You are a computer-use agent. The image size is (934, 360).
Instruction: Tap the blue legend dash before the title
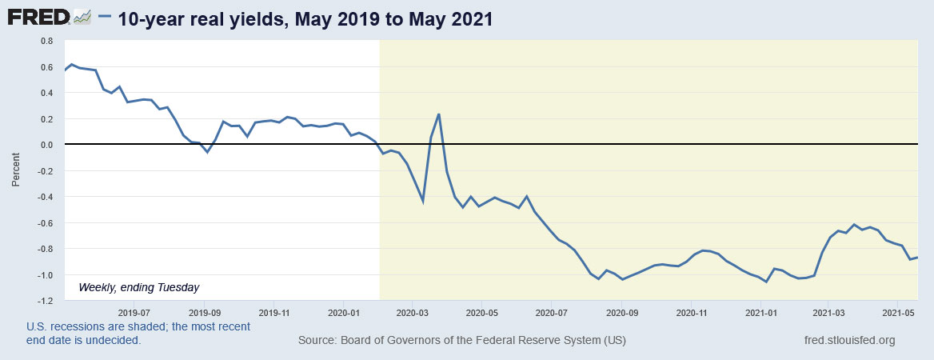point(104,18)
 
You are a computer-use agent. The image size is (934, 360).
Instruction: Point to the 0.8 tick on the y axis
point(46,40)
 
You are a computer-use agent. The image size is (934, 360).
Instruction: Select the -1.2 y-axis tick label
point(45,301)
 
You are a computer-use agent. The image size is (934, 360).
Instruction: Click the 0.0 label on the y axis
point(46,145)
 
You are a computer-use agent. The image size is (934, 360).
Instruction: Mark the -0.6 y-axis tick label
point(45,222)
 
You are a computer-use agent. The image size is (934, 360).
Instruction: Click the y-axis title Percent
point(16,170)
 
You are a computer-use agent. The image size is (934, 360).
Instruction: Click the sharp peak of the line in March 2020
point(439,114)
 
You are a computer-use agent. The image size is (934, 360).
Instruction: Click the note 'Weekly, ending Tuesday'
point(138,286)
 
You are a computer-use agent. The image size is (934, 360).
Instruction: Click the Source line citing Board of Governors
point(461,341)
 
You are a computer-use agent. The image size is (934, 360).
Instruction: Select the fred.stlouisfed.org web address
point(850,341)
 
